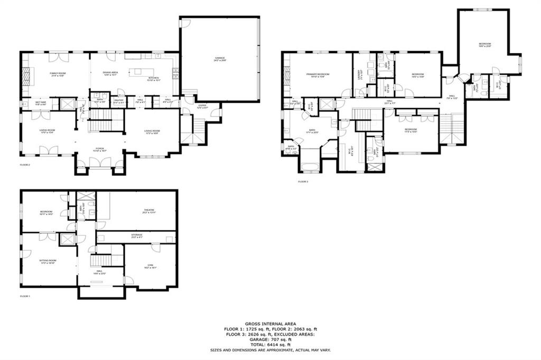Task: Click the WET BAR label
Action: pos(41,102)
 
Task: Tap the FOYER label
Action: pos(100,149)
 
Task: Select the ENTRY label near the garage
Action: pos(202,106)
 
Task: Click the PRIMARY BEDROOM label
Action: pos(318,74)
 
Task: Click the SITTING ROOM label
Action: pos(47,261)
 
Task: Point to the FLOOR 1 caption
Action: pos(25,296)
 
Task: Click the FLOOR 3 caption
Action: pos(303,181)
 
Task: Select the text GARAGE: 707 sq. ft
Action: pos(270,339)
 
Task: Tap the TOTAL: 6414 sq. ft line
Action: pos(270,345)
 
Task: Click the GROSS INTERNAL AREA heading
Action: pos(270,324)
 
